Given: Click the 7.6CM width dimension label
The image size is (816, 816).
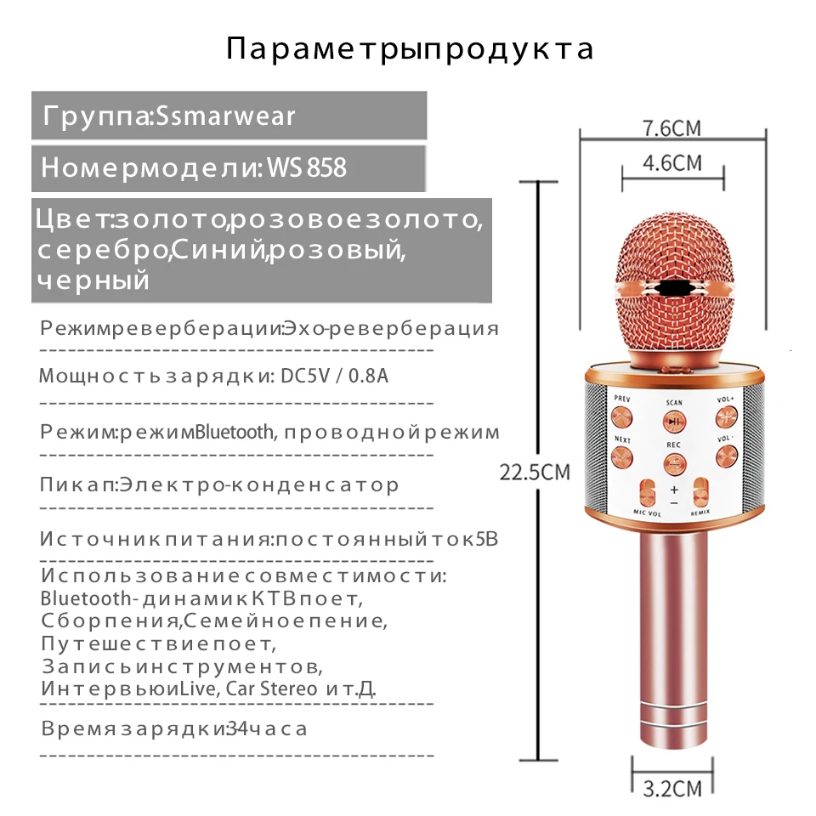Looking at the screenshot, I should point(671,128).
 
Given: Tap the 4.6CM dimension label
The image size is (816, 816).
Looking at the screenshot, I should point(672,161).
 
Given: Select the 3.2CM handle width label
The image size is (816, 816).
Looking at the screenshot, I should point(672,789).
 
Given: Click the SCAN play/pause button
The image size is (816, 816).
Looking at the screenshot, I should point(673,421).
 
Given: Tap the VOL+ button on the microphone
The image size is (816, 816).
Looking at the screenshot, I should point(725,417).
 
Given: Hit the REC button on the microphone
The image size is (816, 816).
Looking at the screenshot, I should point(674,463).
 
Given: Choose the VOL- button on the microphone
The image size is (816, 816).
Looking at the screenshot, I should point(725,456).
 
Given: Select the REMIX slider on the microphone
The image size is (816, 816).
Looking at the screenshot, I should point(701,495).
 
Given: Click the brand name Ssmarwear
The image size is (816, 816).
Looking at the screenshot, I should point(225,116).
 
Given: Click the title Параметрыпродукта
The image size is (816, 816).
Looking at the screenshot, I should point(410,48).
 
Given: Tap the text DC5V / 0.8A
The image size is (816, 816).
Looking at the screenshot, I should point(334,376).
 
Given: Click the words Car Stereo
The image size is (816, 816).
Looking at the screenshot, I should point(271,688).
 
